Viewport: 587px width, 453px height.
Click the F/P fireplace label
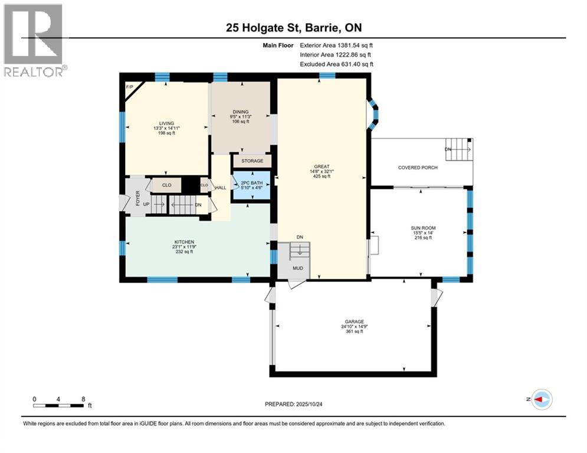click(x=130, y=87)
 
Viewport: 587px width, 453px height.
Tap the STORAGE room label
click(x=252, y=161)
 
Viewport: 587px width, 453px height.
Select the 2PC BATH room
click(x=251, y=185)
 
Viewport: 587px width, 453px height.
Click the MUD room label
click(x=298, y=268)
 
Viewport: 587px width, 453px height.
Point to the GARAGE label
click(x=355, y=321)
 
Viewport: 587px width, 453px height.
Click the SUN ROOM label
click(x=424, y=228)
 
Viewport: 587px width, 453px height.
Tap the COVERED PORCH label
click(x=418, y=168)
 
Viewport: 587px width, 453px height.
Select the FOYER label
click(x=138, y=198)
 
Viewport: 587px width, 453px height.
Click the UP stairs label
click(x=146, y=205)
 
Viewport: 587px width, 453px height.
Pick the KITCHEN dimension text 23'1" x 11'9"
click(x=184, y=247)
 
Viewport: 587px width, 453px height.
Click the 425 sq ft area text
click(x=322, y=176)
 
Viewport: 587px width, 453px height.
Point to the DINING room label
click(x=241, y=112)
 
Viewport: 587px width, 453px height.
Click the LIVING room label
click(x=166, y=123)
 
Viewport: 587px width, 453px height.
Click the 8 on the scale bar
click(x=84, y=399)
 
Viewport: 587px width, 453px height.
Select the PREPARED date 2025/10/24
click(x=309, y=404)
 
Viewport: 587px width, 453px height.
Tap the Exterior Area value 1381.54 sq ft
click(x=355, y=45)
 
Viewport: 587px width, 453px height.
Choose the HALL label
click(x=221, y=188)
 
